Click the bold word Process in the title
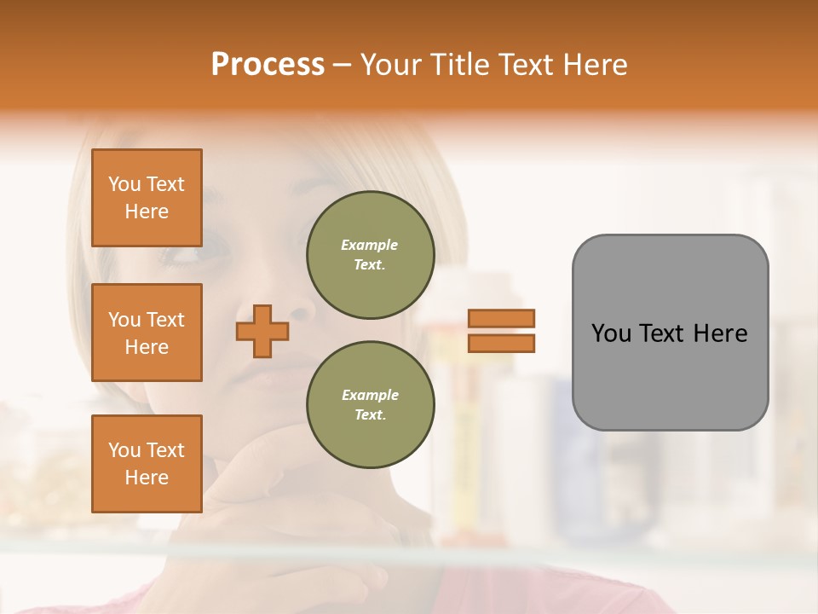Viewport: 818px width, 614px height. tap(268, 65)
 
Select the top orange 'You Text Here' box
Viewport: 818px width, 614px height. tap(147, 198)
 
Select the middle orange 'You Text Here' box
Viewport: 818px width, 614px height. tap(147, 333)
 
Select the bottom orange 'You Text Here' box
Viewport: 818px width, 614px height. tap(147, 464)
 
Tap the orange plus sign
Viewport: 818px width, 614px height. tap(262, 331)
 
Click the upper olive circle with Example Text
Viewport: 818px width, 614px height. tap(370, 255)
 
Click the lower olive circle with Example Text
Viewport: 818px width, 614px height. tap(370, 404)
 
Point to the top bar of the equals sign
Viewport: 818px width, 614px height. tap(501, 319)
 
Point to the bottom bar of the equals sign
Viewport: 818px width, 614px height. tap(501, 343)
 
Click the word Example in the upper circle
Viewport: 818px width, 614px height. tap(370, 245)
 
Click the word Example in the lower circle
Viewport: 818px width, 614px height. tap(370, 395)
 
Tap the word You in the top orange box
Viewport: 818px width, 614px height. tap(124, 184)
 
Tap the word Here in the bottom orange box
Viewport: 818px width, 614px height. tap(147, 478)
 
